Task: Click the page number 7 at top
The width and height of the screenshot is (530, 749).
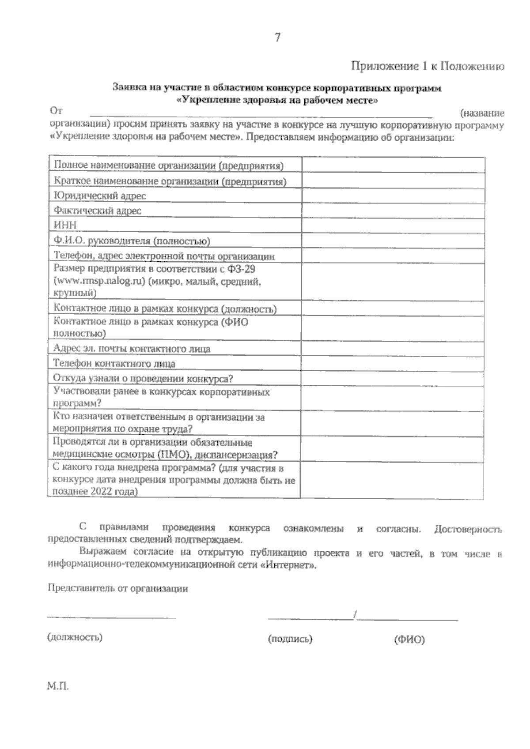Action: click(277, 38)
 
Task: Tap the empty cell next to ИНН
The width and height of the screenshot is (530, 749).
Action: click(393, 225)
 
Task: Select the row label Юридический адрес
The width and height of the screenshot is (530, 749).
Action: click(99, 196)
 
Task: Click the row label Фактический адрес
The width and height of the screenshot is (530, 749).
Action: click(97, 211)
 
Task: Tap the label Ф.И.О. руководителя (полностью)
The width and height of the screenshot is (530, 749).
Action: click(132, 241)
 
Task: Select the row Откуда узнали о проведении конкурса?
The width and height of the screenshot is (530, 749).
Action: click(143, 379)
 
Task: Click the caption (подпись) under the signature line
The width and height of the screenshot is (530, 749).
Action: click(290, 639)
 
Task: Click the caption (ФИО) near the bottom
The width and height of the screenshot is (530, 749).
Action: click(409, 640)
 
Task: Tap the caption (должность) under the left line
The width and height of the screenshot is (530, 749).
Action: click(75, 637)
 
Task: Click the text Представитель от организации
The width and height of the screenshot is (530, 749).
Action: click(117, 588)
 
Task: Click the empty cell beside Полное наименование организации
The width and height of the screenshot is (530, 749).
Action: click(393, 165)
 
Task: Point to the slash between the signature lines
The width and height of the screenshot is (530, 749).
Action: click(355, 615)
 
